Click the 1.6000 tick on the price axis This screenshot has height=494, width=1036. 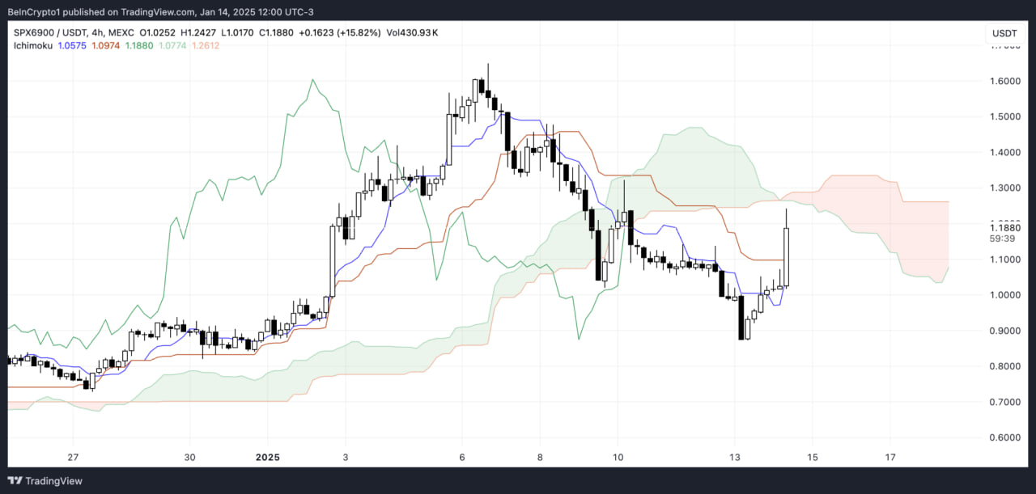point(1004,81)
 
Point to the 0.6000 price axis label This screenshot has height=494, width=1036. point(1004,437)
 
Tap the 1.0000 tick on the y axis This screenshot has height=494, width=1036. point(1004,295)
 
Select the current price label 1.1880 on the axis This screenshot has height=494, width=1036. point(1004,228)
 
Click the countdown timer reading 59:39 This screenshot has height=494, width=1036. point(1004,239)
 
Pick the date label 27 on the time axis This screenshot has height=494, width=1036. point(73,456)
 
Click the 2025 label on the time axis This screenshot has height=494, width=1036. point(267,456)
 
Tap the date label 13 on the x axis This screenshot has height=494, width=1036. point(735,456)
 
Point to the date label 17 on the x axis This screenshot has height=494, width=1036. point(890,456)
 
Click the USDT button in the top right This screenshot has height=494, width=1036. point(1004,33)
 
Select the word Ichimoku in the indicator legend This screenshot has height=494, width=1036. point(33,45)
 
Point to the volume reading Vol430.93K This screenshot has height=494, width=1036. point(413,32)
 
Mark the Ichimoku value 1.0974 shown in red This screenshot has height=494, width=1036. point(106,45)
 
